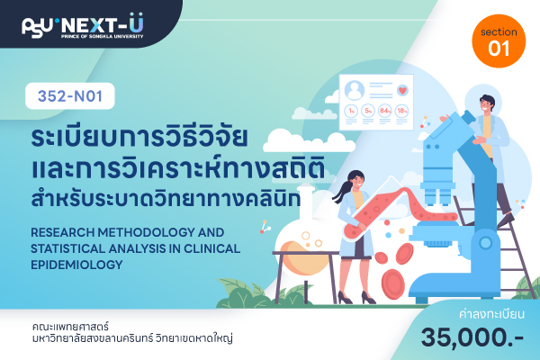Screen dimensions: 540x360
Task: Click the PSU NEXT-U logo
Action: (83, 25)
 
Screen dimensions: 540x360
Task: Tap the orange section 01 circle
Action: (499, 41)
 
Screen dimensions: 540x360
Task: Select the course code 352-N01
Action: (70, 96)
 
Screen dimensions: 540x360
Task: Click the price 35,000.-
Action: (472, 337)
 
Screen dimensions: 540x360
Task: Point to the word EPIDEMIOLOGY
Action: (76, 265)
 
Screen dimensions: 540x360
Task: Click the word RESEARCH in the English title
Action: (63, 232)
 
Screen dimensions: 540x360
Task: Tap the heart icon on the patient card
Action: (402, 90)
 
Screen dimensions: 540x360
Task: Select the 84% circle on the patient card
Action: (384, 111)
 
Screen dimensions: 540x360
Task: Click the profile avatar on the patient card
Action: (355, 90)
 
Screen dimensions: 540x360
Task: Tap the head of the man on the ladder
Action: (487, 103)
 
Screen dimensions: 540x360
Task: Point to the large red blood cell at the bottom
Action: (393, 283)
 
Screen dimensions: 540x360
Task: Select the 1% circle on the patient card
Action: (351, 111)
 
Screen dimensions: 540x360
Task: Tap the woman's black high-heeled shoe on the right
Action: (368, 298)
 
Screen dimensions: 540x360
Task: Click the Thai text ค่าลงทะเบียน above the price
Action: (491, 314)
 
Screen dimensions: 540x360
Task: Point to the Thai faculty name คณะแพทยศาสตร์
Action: (70, 326)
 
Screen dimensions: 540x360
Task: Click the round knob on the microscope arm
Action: (486, 243)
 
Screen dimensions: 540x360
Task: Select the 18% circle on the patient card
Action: (401, 111)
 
